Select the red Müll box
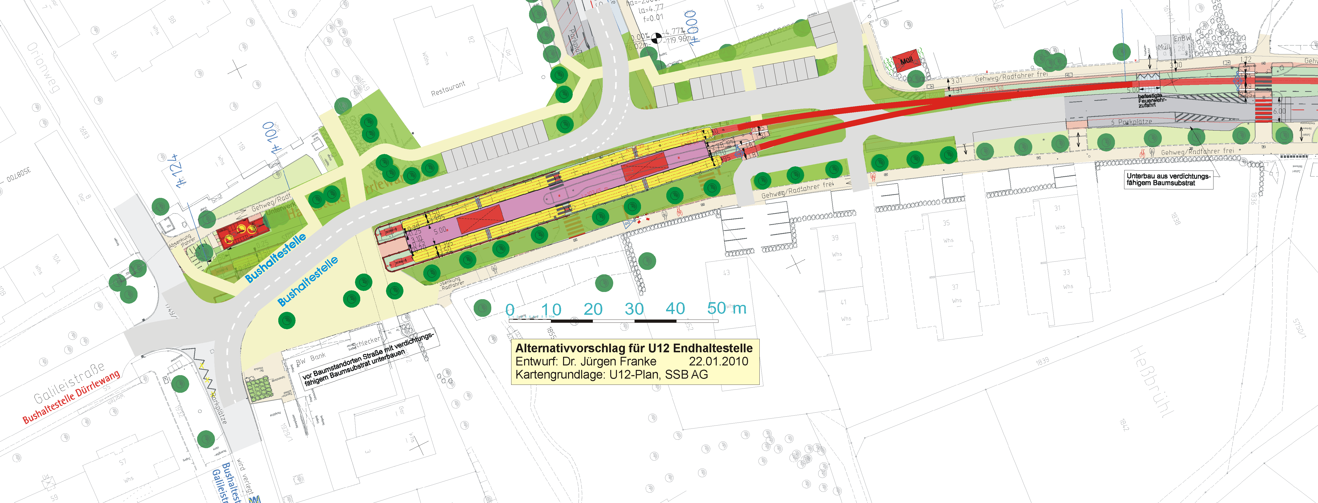click(x=906, y=61)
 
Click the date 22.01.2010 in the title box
click(x=718, y=361)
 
